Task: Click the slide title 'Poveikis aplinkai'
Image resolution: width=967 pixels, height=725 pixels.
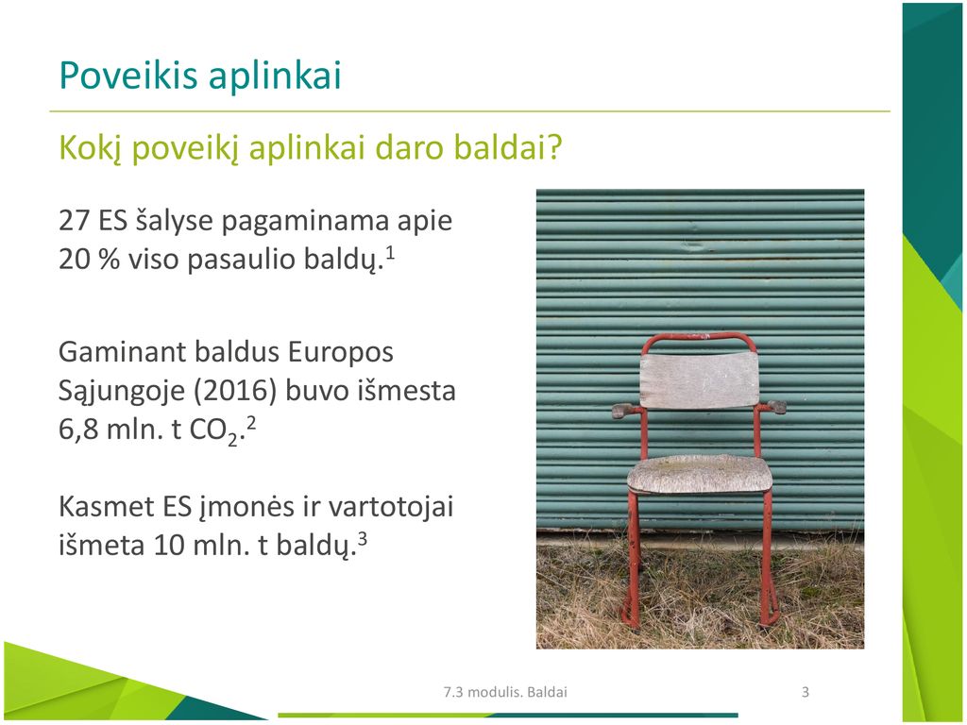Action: point(200,76)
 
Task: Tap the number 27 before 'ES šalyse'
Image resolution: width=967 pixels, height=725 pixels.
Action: point(74,220)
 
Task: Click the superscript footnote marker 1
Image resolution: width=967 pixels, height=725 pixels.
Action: point(389,252)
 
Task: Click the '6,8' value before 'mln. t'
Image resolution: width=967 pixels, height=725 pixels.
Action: point(78,430)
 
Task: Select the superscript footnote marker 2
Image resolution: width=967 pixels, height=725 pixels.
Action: point(250,424)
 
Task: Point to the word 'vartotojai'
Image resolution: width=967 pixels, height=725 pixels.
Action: point(390,507)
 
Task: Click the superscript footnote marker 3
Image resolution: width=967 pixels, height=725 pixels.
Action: point(363,539)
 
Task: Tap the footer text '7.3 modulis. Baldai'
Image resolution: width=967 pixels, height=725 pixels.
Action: point(505,692)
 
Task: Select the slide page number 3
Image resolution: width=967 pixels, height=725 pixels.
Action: point(805,692)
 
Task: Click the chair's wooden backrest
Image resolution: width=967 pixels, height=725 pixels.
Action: point(699,379)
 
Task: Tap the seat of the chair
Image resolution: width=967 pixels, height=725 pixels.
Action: point(700,474)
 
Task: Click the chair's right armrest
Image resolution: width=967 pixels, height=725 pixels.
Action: point(772,407)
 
